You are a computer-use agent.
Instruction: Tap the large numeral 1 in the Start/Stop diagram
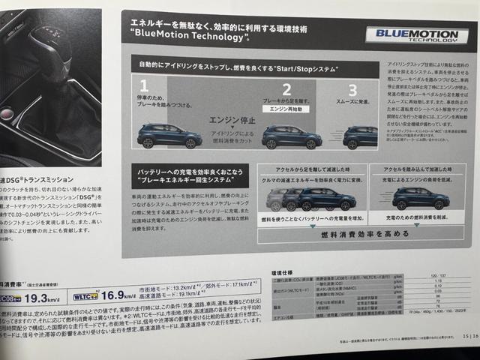tap(144, 86)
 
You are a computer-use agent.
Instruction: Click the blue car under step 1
tap(169, 136)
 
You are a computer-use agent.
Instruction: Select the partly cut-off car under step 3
tap(361, 136)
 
